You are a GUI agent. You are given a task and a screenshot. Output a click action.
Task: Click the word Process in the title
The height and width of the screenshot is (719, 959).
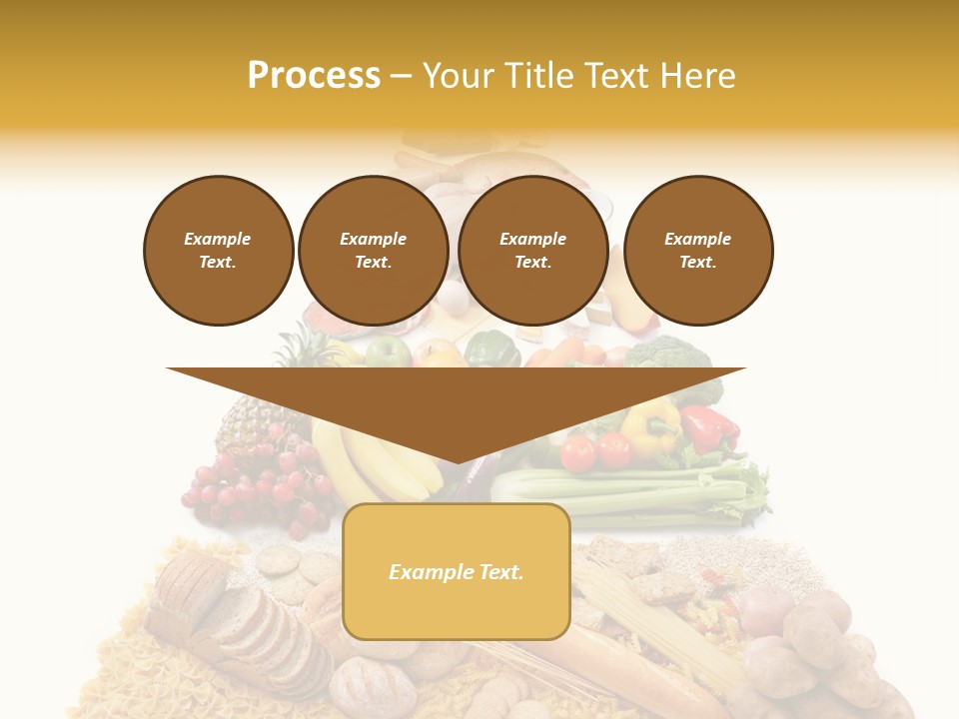314,76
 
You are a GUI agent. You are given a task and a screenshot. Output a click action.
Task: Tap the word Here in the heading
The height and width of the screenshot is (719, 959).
697,76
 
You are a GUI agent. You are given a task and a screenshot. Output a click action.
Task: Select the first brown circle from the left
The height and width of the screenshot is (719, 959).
219,251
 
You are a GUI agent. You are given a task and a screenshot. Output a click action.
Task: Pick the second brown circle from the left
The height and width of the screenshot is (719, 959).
374,251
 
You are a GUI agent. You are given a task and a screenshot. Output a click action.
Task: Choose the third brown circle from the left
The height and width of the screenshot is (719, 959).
533,251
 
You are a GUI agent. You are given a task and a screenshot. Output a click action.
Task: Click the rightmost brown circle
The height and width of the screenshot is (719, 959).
698,251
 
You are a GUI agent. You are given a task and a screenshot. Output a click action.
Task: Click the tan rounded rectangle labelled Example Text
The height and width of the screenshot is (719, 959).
457,571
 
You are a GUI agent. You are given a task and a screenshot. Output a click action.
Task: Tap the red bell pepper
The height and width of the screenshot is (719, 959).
710,428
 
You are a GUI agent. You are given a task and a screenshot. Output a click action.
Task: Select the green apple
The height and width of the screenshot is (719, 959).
389,352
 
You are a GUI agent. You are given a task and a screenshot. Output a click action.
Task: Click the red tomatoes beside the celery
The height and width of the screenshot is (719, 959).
595,451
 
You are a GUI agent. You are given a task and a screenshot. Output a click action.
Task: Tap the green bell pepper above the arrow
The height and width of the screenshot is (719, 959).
491,349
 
